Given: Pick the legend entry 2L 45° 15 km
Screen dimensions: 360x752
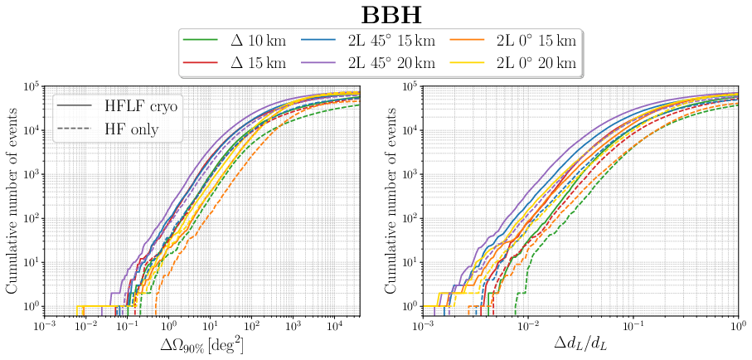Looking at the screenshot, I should [380, 41].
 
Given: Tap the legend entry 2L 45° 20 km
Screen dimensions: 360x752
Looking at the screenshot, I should [380, 63].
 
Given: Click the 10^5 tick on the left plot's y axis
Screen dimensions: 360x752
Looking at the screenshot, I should [31, 87].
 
